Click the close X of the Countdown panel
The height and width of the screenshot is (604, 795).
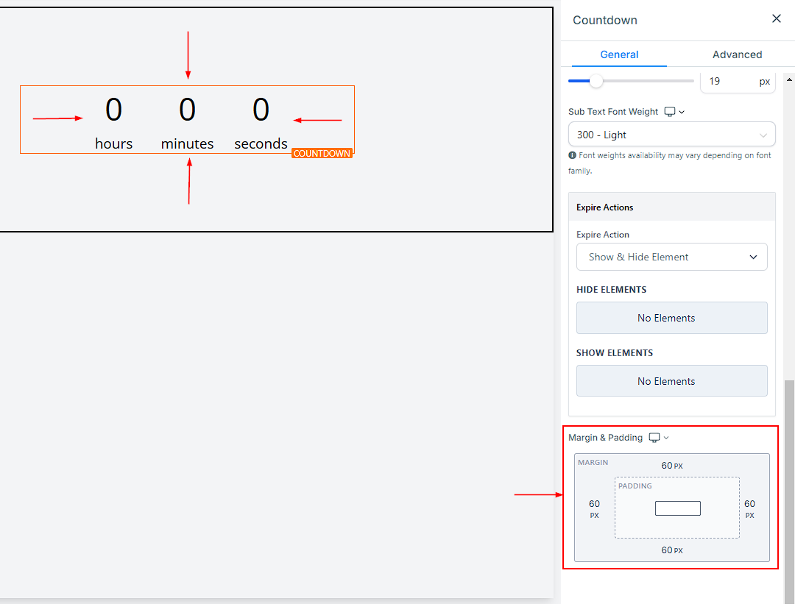pyautogui.click(x=777, y=18)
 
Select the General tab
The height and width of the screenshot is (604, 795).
pyautogui.click(x=619, y=54)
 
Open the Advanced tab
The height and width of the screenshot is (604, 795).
pyautogui.click(x=737, y=54)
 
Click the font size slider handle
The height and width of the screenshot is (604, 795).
pyautogui.click(x=596, y=81)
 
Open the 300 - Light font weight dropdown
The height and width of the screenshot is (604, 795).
pyautogui.click(x=672, y=135)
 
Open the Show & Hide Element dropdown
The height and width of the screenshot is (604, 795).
pyautogui.click(x=672, y=257)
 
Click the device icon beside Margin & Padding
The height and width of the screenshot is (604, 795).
pyautogui.click(x=654, y=438)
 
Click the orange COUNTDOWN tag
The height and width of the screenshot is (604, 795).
pyautogui.click(x=322, y=154)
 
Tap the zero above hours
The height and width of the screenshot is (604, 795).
pyautogui.click(x=113, y=110)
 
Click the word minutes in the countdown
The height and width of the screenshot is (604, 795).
pyautogui.click(x=187, y=144)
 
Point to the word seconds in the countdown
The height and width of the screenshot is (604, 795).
pyautogui.click(x=261, y=144)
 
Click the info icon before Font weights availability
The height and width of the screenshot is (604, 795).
pyautogui.click(x=573, y=155)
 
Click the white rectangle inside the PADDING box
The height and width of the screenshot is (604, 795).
pyautogui.click(x=678, y=508)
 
